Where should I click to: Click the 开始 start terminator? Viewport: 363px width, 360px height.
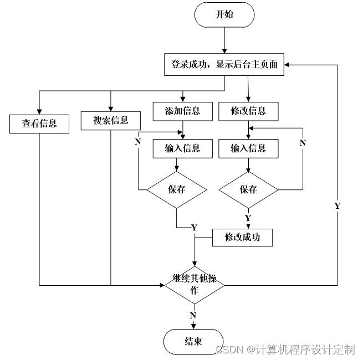tap(224, 15)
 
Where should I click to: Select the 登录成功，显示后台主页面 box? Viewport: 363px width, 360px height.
tap(224, 64)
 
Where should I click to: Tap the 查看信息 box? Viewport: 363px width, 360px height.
tap(39, 123)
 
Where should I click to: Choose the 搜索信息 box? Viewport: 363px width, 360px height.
tap(111, 120)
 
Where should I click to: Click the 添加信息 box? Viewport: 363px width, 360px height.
tap(182, 111)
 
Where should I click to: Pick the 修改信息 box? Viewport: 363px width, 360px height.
tap(248, 111)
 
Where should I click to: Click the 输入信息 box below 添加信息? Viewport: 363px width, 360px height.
tap(182, 148)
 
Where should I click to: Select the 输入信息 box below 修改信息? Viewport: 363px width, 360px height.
tap(248, 148)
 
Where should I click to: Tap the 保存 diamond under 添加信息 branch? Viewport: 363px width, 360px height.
tap(176, 189)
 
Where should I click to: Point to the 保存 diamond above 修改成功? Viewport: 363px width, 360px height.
tap(248, 189)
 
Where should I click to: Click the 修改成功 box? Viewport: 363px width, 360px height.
tap(242, 237)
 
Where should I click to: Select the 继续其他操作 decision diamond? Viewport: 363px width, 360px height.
tap(194, 285)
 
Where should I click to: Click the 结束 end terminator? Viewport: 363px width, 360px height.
tap(193, 342)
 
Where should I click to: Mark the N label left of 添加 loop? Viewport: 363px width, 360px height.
tap(137, 142)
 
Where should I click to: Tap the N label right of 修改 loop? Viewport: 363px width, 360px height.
tap(303, 143)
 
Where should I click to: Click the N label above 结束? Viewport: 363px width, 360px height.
tap(193, 315)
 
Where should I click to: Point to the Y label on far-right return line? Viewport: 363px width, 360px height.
tap(337, 205)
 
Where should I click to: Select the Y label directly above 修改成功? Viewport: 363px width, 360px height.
tap(248, 218)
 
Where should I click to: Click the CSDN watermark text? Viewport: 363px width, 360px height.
tap(285, 349)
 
